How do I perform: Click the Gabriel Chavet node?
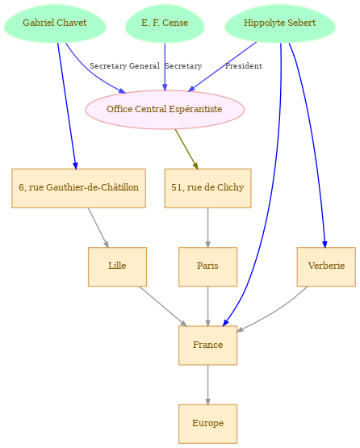55,23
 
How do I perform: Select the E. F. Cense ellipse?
165,23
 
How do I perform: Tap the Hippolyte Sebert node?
280,23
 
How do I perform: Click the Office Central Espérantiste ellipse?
165,110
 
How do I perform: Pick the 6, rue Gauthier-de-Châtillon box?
78,188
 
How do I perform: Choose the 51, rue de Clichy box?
207,188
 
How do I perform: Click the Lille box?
117,266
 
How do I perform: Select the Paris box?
207,266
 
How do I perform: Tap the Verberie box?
326,266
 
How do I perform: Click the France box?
207,345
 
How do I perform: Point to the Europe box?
207,424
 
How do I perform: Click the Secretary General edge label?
124,66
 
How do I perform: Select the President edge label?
244,66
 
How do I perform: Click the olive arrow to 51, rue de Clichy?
186,149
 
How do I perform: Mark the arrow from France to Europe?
207,385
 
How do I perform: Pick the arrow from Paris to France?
207,306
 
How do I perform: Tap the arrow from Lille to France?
163,306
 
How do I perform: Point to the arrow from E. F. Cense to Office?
165,67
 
